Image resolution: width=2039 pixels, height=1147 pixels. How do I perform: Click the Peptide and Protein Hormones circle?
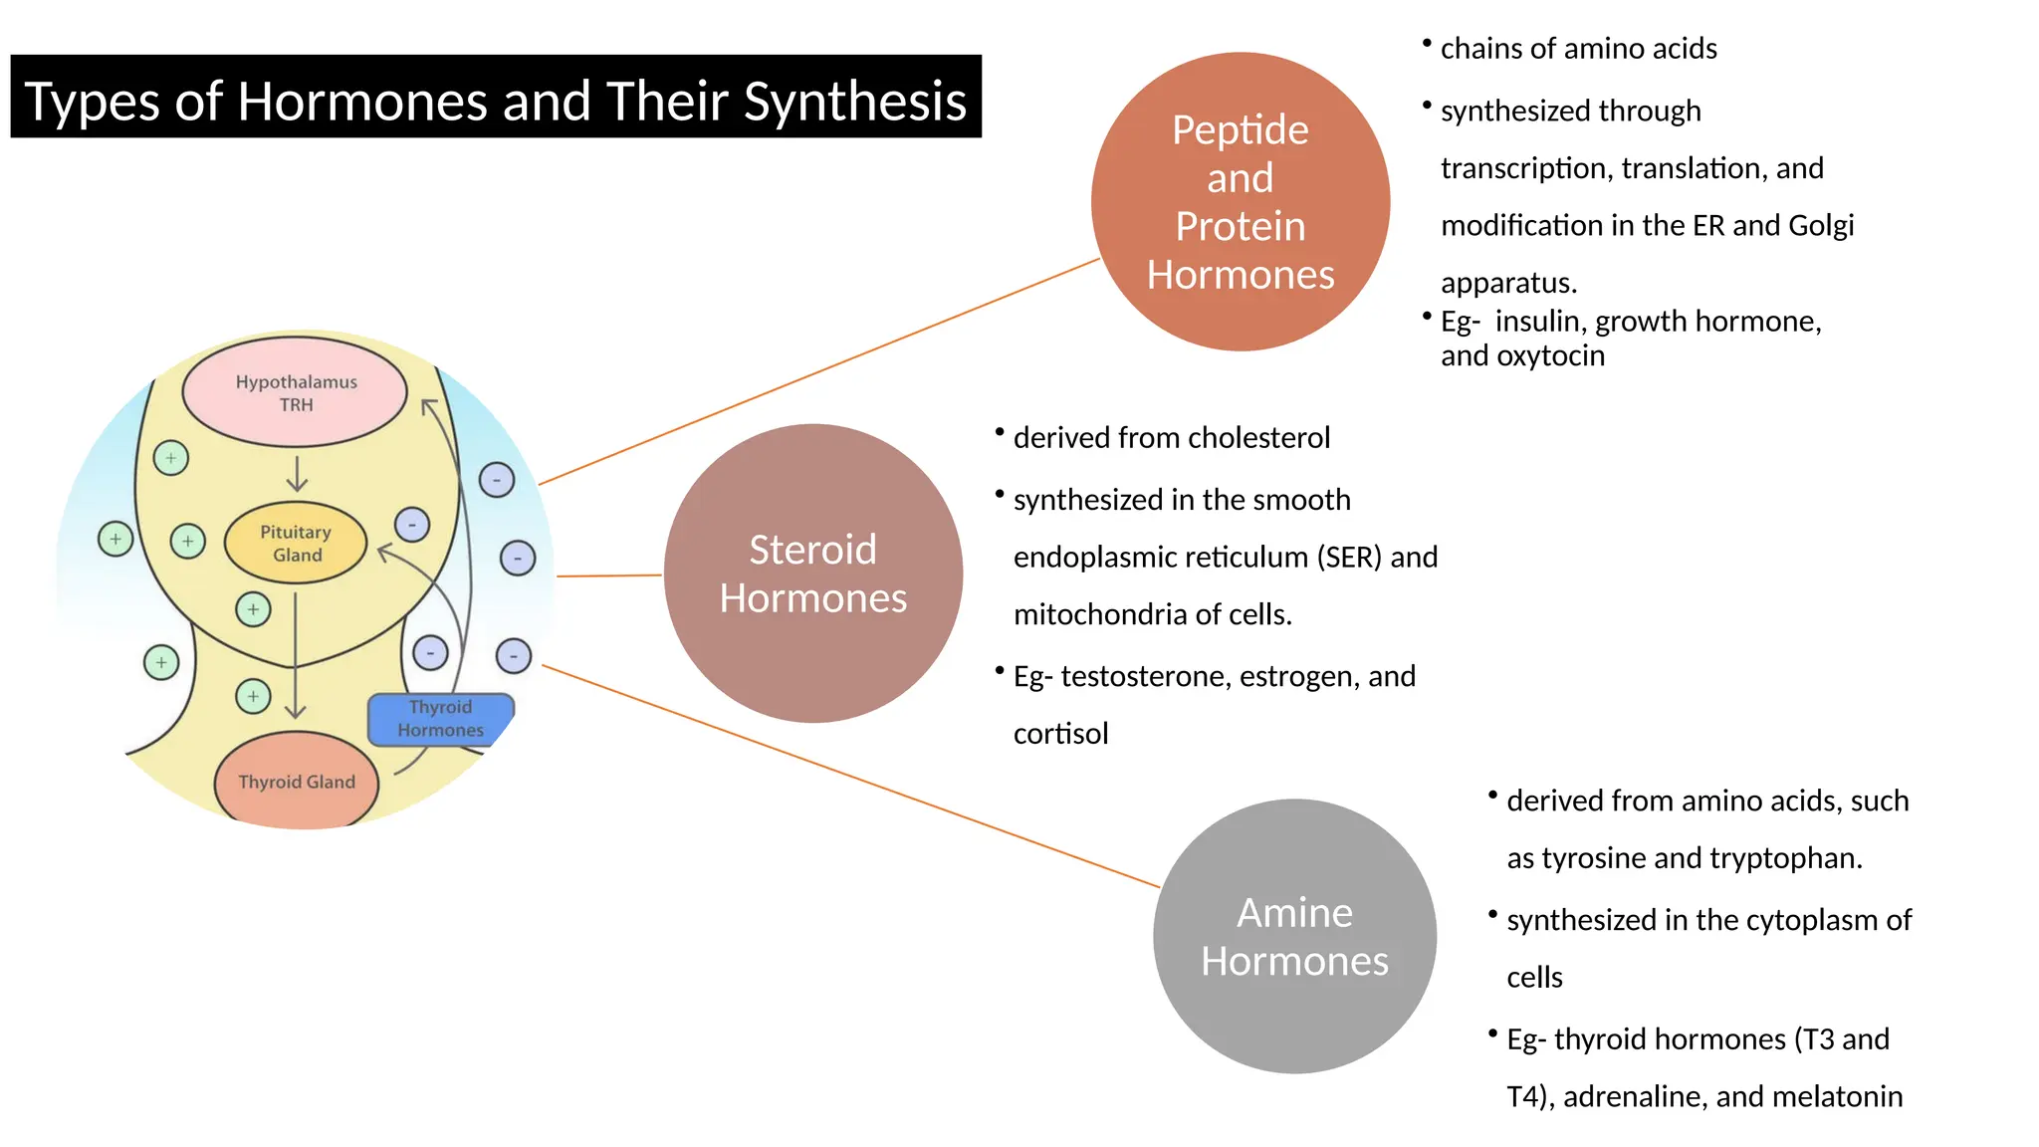coord(1240,201)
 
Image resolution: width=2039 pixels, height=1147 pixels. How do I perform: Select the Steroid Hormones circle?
coord(812,573)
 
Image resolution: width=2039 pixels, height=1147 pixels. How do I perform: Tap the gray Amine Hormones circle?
coord(1294,936)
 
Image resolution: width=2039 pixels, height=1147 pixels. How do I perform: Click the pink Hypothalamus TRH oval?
coord(296,392)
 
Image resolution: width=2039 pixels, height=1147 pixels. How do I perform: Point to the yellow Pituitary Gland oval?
coord(296,544)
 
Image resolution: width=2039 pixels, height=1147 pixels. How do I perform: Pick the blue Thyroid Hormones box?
coord(440,718)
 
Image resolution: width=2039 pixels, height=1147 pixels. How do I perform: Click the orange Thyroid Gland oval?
coord(296,782)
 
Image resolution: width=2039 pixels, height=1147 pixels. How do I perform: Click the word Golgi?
coord(1820,226)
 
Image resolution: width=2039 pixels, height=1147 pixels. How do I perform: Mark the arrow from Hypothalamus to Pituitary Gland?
coord(297,473)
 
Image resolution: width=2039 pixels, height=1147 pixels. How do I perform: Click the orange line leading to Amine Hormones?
coord(846,776)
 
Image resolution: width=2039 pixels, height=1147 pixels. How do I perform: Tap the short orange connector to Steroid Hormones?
coord(609,575)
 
